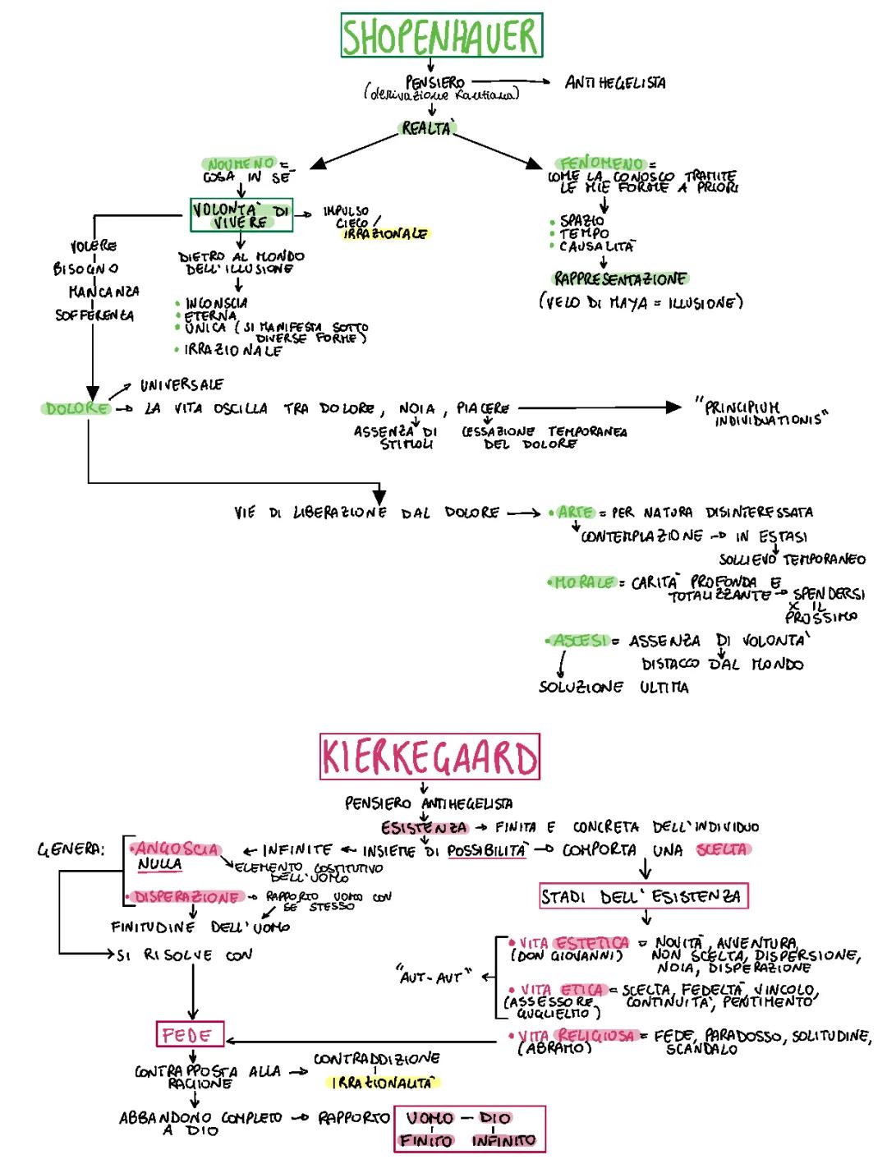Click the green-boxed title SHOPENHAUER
(x=441, y=37)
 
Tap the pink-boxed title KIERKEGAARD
(x=430, y=757)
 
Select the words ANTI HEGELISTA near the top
(x=615, y=82)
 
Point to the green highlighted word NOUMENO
(x=241, y=164)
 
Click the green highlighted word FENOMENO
(x=601, y=163)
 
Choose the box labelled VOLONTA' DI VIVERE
(x=241, y=215)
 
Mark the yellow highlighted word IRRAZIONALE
(x=385, y=234)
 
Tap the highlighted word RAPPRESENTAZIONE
(x=620, y=278)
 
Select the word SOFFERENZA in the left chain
(x=94, y=315)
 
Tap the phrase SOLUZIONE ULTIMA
(x=614, y=687)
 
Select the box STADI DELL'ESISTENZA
(x=644, y=896)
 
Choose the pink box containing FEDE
(x=190, y=1035)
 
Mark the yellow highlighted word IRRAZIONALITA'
(x=382, y=1083)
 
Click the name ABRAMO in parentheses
(x=554, y=1048)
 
